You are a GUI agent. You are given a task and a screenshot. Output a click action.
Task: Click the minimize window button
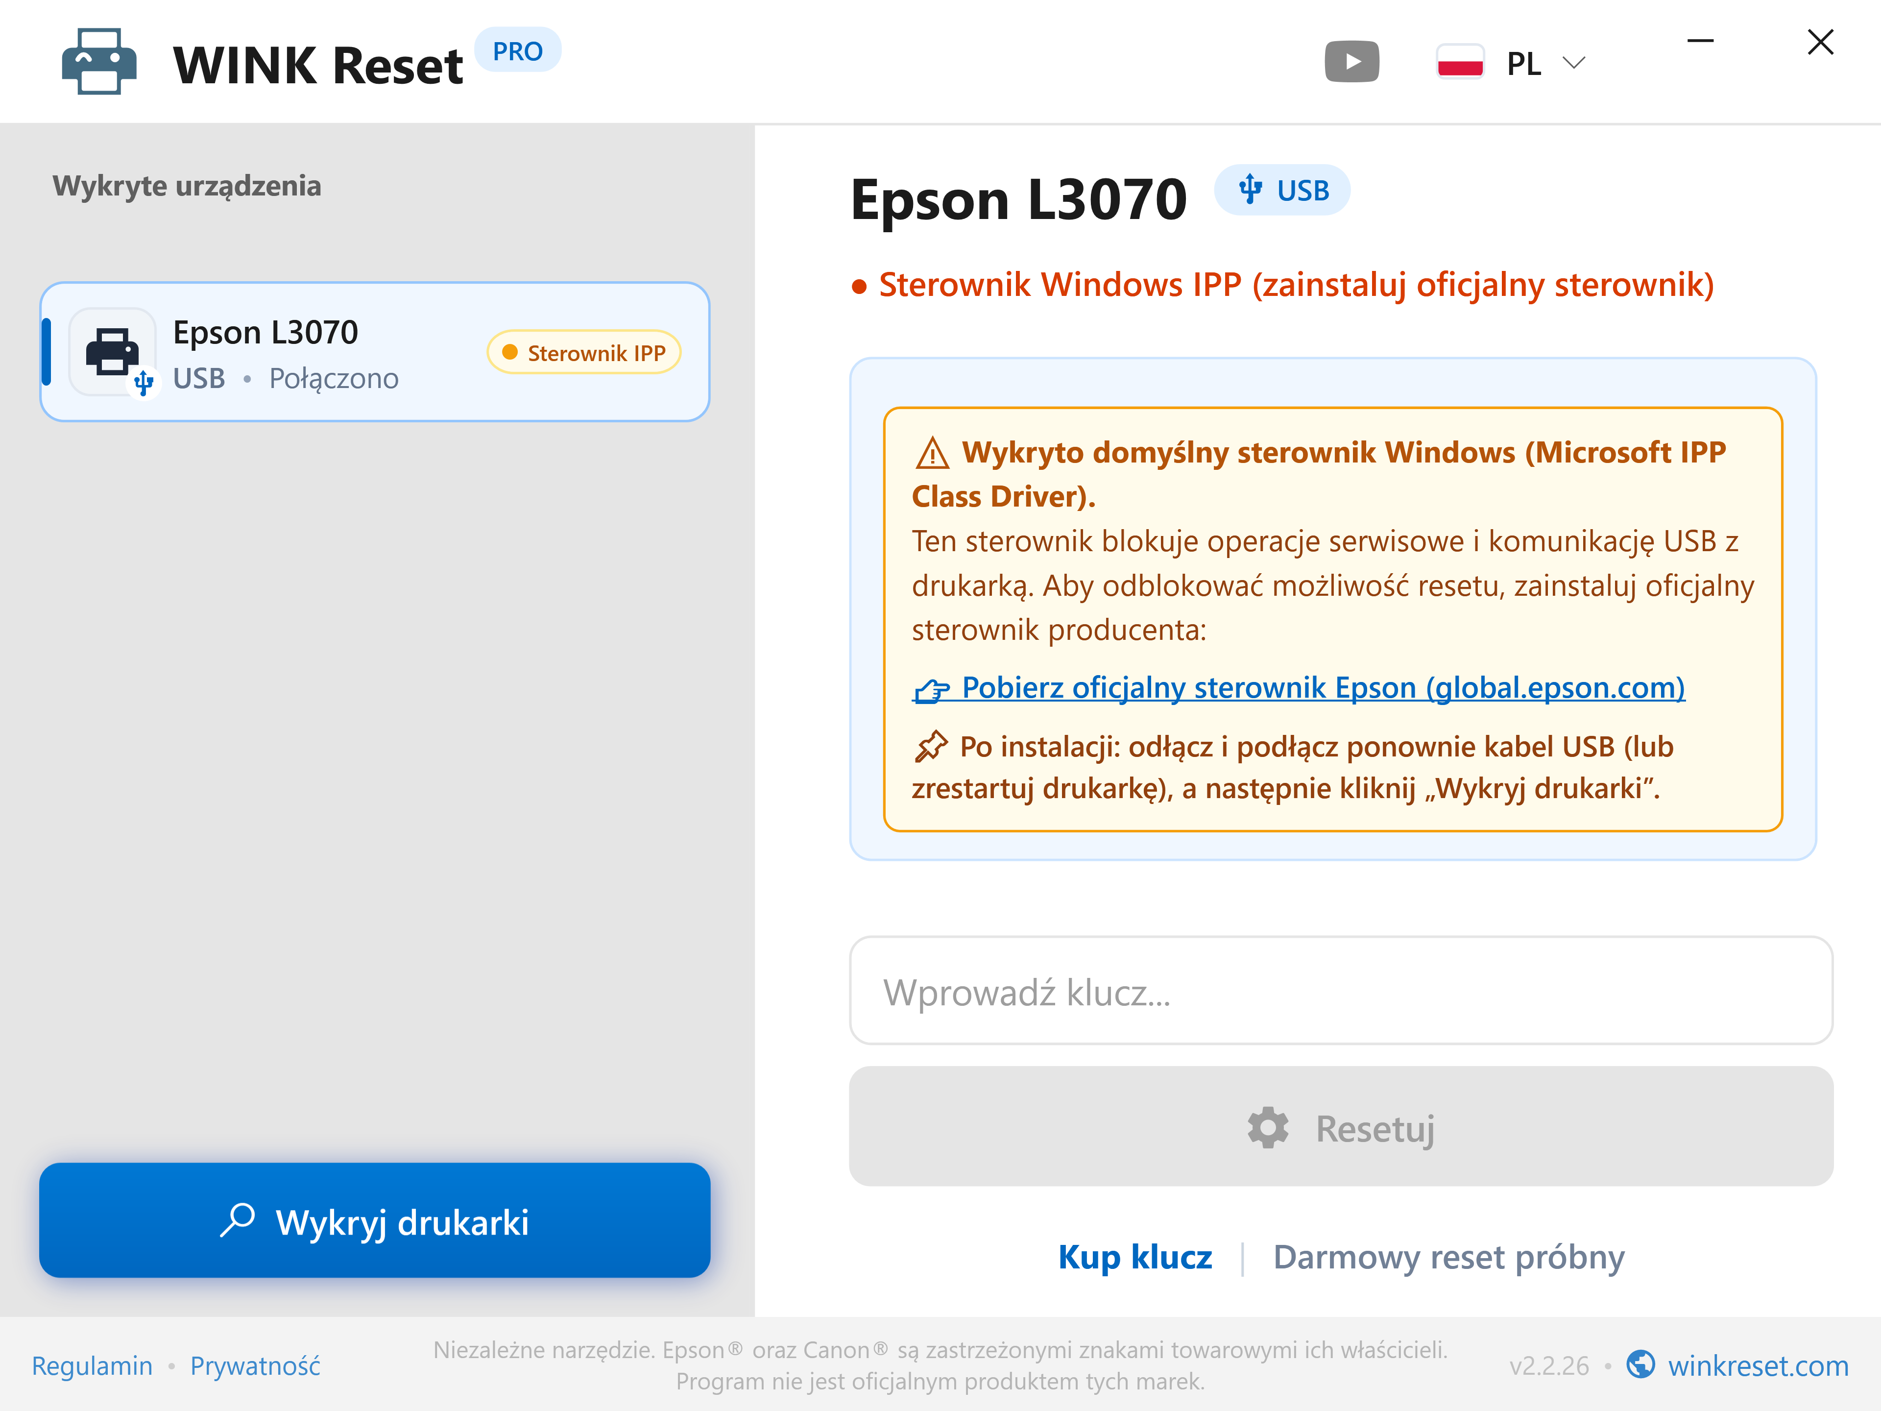(1700, 41)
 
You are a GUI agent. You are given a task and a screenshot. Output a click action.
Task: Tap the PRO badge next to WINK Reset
(517, 51)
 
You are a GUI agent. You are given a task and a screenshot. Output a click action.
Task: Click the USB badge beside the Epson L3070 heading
(1282, 190)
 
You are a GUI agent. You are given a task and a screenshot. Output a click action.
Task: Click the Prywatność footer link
(255, 1366)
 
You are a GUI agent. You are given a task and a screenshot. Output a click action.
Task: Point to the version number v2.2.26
(1548, 1366)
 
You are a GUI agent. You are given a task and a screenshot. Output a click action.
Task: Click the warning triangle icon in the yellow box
(932, 453)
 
